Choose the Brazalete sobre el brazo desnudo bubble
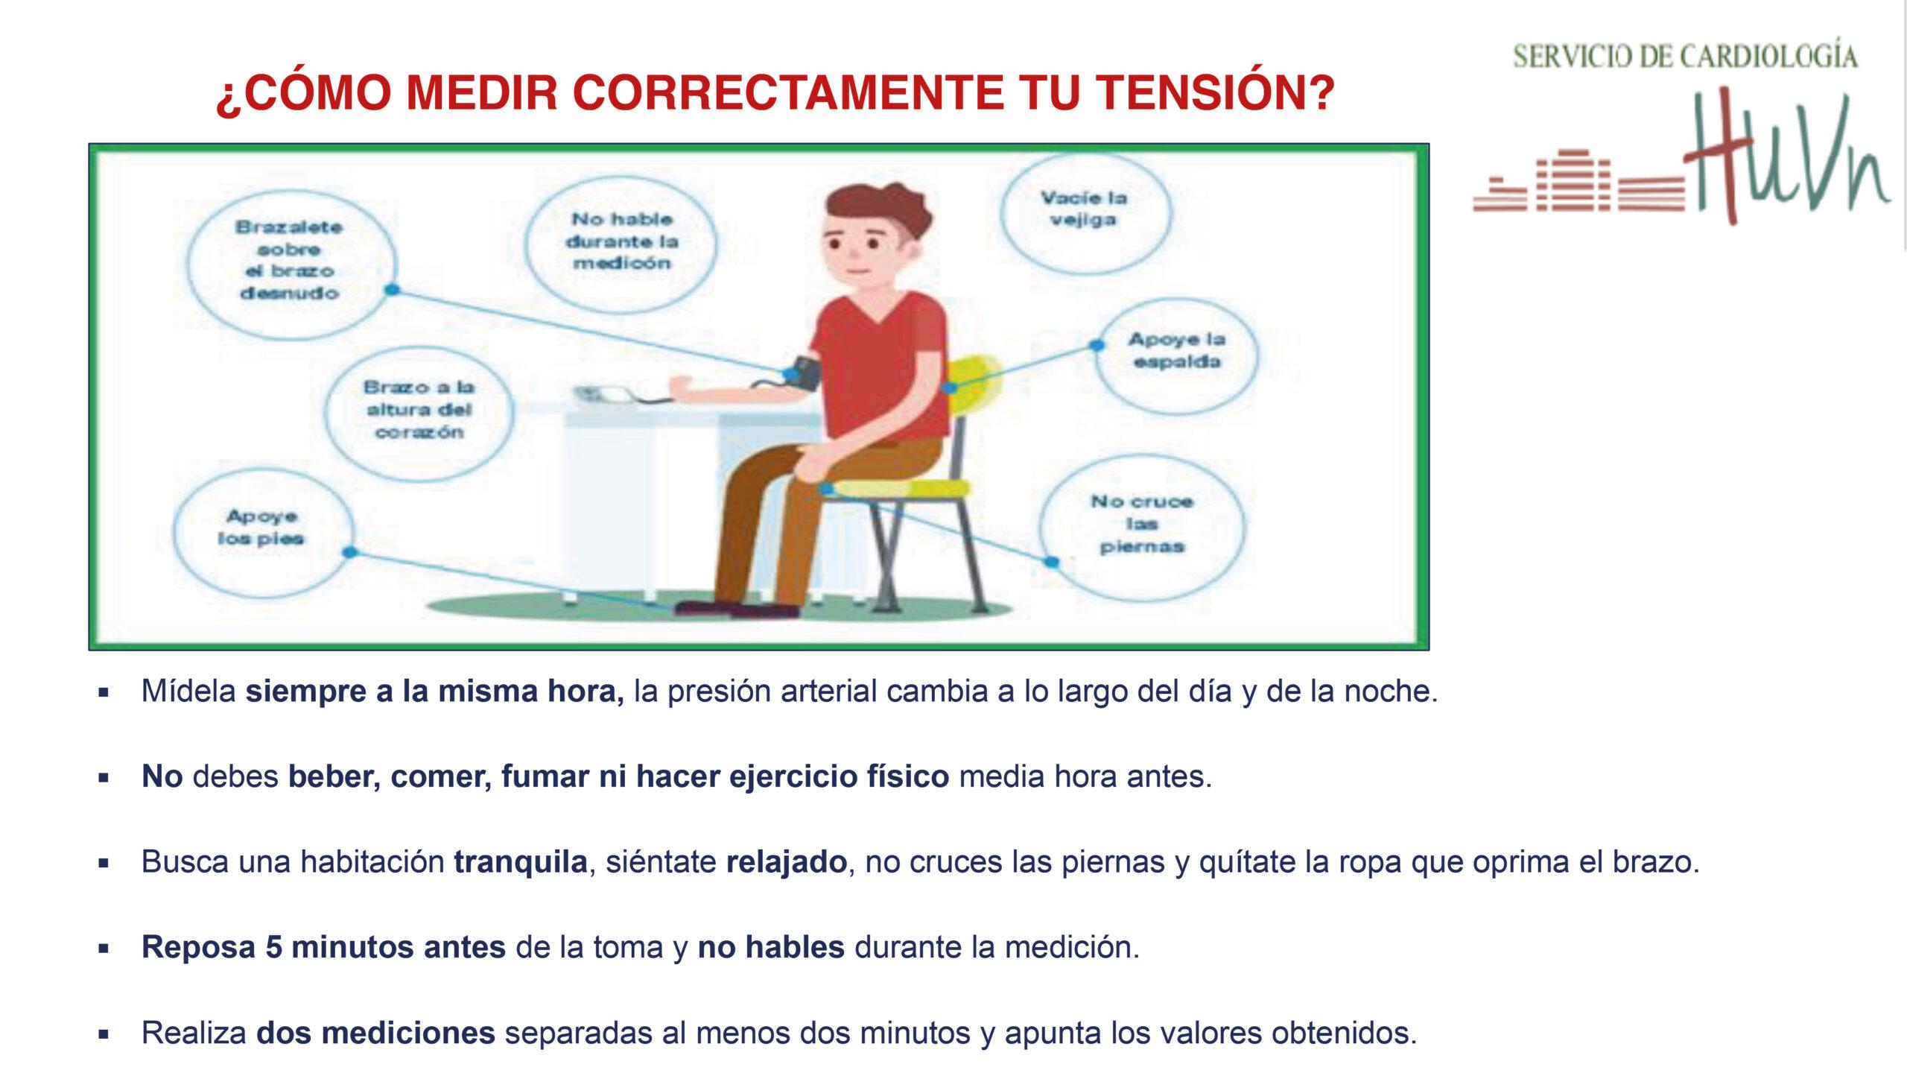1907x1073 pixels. pos(291,260)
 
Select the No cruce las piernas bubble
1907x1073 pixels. pos(1142,524)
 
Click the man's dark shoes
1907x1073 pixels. pos(736,610)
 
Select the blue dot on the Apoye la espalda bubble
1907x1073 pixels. pos(1097,346)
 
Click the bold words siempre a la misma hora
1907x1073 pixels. pos(435,691)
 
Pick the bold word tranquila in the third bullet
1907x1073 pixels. pos(521,862)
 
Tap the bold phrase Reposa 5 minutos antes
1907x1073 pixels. pos(324,947)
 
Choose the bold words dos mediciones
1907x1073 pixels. pos(375,1033)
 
